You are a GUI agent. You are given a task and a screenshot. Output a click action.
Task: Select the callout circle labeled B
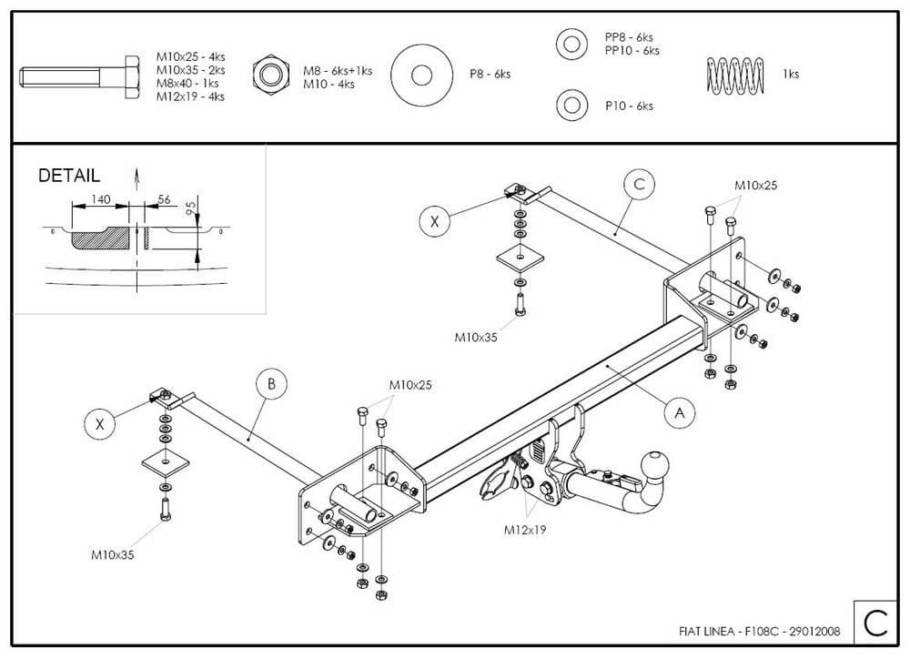pyautogui.click(x=271, y=384)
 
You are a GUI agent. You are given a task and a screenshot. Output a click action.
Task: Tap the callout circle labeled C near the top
pyautogui.click(x=639, y=184)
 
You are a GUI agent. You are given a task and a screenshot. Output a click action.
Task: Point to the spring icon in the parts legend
pyautogui.click(x=735, y=75)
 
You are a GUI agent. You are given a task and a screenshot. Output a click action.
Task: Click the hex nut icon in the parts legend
pyautogui.click(x=269, y=74)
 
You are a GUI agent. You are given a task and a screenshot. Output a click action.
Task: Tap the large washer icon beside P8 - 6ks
pyautogui.click(x=420, y=75)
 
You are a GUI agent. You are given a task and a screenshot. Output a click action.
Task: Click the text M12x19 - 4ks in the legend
pyautogui.click(x=190, y=96)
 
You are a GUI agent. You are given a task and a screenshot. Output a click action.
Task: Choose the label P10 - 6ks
pyautogui.click(x=629, y=106)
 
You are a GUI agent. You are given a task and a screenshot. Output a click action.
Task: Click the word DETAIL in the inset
pyautogui.click(x=69, y=176)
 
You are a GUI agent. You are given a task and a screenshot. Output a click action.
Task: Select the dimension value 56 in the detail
pyautogui.click(x=164, y=199)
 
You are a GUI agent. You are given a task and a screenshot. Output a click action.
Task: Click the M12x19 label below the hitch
pyautogui.click(x=529, y=528)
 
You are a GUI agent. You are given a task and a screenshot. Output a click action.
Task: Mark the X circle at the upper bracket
pyautogui.click(x=435, y=221)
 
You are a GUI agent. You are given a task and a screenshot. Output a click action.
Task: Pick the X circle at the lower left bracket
pyautogui.click(x=100, y=423)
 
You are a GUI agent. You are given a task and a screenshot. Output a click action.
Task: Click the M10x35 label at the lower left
pyautogui.click(x=112, y=553)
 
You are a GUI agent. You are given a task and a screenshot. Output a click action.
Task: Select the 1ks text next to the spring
pyautogui.click(x=791, y=75)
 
